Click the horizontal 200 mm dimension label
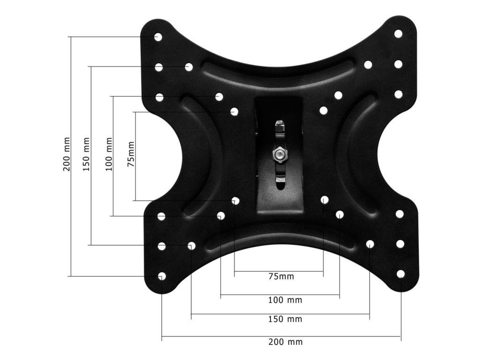pyautogui.click(x=285, y=342)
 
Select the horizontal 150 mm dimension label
pyautogui.click(x=285, y=319)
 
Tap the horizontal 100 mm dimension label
pyautogui.click(x=285, y=300)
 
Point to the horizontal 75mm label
pyautogui.click(x=281, y=277)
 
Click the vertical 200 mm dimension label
pyautogui.click(x=67, y=154)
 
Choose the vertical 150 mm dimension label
pyautogui.click(x=87, y=154)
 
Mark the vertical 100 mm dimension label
pyautogui.click(x=109, y=154)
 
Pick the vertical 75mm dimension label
pyautogui.click(x=131, y=154)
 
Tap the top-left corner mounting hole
pyautogui.click(x=158, y=37)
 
